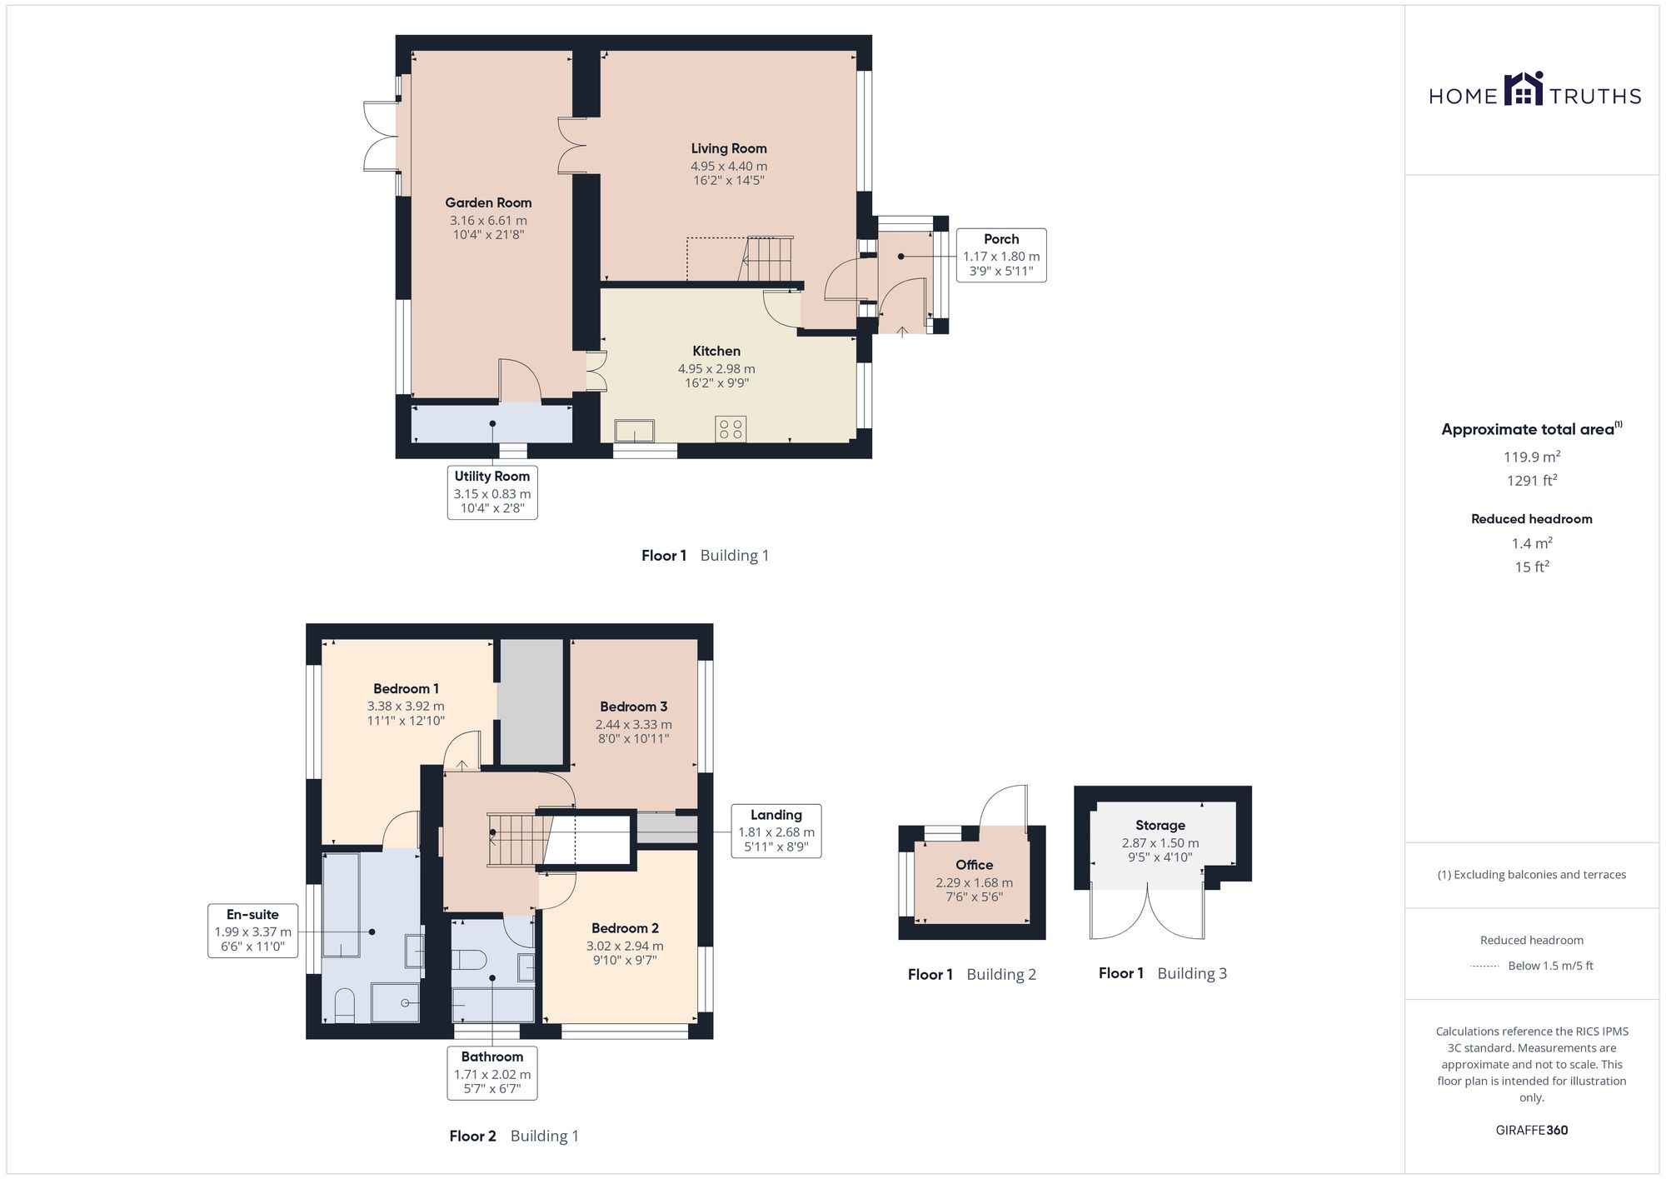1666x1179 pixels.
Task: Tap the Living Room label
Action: point(729,148)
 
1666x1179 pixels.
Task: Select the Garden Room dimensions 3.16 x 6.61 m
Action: point(488,221)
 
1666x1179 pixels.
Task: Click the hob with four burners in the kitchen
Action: point(731,429)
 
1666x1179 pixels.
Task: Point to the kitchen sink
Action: point(635,431)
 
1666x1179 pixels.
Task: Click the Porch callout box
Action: point(1001,255)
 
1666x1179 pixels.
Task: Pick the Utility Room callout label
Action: point(492,476)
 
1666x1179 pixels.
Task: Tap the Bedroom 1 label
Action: point(406,688)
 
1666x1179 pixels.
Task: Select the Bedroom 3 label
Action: point(633,707)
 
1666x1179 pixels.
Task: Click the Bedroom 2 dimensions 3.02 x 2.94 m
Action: point(625,946)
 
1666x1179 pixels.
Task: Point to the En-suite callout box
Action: point(253,930)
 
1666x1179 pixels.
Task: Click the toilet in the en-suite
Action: point(344,1006)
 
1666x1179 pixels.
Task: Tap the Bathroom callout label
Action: point(492,1057)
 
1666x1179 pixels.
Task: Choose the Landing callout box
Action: point(776,831)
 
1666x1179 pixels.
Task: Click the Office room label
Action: point(975,865)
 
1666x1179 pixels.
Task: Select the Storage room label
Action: point(1160,825)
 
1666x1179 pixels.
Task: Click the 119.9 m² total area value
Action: point(1532,457)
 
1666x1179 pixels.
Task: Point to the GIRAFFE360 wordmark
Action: point(1532,1130)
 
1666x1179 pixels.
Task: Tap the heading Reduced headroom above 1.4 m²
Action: point(1532,518)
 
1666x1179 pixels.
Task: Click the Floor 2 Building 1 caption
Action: point(514,1136)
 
